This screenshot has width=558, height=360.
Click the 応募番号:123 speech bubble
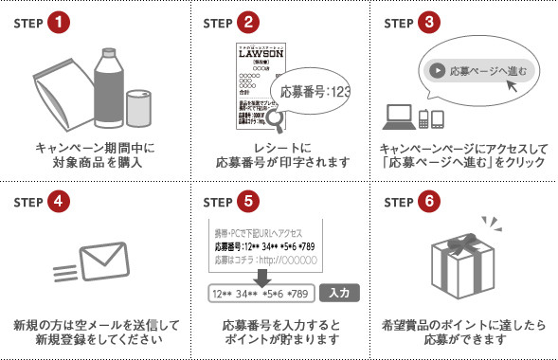pyautogui.click(x=316, y=93)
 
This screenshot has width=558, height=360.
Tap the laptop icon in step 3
pyautogui.click(x=398, y=117)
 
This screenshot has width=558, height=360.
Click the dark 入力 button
pyautogui.click(x=338, y=293)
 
